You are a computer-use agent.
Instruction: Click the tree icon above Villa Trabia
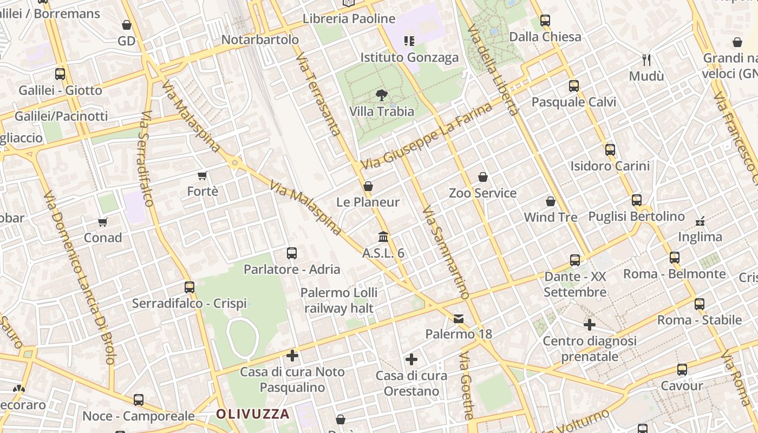coord(382,95)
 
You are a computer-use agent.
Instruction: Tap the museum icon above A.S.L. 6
coord(383,237)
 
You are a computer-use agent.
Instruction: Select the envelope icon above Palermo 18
coord(459,318)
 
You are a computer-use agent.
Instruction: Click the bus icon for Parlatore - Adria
coord(292,253)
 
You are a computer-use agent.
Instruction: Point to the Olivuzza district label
coord(253,415)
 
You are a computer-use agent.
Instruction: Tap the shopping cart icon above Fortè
coord(202,175)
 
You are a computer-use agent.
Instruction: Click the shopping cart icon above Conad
coord(103,222)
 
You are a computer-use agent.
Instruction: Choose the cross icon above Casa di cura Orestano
coord(411,359)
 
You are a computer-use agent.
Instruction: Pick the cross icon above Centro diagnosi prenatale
coord(590,325)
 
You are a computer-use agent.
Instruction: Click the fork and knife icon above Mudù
coord(646,60)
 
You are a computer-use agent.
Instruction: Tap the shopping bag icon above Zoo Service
coord(482,177)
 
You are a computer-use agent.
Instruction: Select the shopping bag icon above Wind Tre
coord(551,201)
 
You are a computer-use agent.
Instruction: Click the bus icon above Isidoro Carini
coord(610,149)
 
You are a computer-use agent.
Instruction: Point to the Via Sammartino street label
coord(446,252)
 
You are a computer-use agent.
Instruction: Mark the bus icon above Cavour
coord(682,370)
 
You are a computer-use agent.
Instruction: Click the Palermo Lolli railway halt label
coord(339,300)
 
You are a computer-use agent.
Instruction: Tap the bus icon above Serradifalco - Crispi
coord(190,287)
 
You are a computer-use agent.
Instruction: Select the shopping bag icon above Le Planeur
coord(368,186)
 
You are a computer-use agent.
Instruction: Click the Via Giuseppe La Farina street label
coord(427,135)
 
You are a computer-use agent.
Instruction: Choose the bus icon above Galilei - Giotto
coord(60,74)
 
